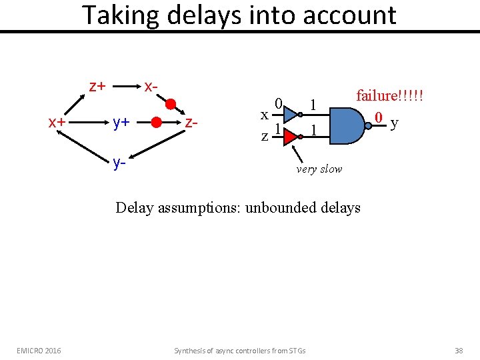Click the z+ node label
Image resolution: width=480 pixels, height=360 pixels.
point(97,86)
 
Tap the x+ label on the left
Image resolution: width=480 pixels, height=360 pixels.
point(56,122)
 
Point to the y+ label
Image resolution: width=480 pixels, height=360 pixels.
point(121,122)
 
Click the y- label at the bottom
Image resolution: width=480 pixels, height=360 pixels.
point(119,163)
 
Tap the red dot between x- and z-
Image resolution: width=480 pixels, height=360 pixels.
point(170,104)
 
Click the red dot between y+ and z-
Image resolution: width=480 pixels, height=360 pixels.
point(155,123)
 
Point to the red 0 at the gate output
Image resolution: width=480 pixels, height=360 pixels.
point(378,118)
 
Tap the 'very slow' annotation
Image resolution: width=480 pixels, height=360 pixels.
point(319,169)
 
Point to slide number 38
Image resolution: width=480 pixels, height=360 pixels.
point(458,350)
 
